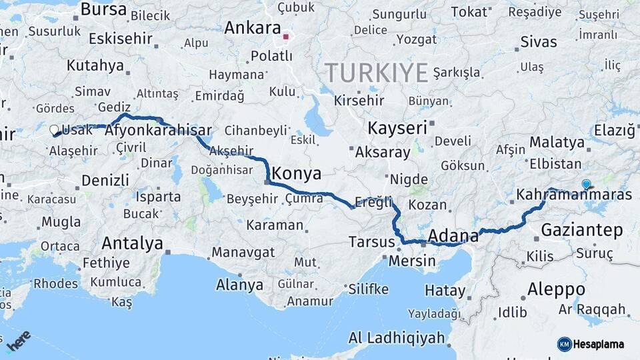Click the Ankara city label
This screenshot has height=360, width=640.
[x=252, y=28]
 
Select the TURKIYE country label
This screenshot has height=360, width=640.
[x=376, y=72]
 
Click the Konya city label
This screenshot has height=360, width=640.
[x=297, y=175]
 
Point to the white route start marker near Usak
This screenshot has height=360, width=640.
[x=54, y=130]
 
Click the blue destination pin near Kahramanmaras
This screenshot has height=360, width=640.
[x=586, y=184]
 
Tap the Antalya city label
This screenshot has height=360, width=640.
[x=132, y=244]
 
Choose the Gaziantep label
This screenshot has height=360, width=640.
[x=581, y=231]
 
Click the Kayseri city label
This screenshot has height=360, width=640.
[x=397, y=128]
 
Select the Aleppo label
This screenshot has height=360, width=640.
[x=556, y=289]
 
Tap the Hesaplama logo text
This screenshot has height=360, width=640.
[x=599, y=344]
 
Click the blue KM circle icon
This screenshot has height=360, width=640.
[x=565, y=344]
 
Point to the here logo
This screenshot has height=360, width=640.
[x=19, y=340]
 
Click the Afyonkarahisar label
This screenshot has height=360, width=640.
[x=159, y=131]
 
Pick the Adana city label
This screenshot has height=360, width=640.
[x=453, y=235]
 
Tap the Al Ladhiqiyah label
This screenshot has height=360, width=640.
[x=397, y=338]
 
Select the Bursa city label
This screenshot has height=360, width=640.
[x=103, y=9]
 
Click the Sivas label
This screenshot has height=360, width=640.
[x=538, y=42]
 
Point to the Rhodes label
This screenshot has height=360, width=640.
[x=55, y=283]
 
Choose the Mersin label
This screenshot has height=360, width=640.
[x=411, y=261]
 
